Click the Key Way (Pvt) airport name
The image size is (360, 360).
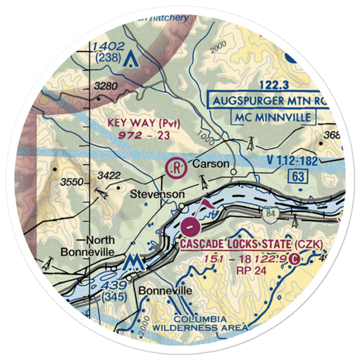click(x=144, y=123)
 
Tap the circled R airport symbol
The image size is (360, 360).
click(x=176, y=168)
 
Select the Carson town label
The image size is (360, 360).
click(x=211, y=164)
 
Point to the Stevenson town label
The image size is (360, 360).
click(x=157, y=194)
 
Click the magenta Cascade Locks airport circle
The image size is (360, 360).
click(x=190, y=228)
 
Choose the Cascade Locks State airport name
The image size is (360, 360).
click(x=236, y=244)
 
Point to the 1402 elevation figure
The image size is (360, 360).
click(x=108, y=46)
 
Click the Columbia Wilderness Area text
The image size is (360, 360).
click(x=200, y=323)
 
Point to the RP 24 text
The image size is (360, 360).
click(x=252, y=270)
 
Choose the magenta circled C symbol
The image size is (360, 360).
click(x=295, y=259)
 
